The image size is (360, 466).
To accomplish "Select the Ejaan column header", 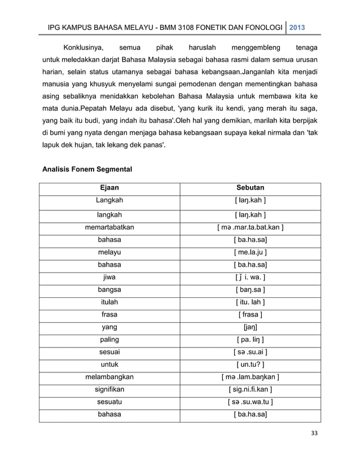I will pos(109,187).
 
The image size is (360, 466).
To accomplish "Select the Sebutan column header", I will pos(250,187).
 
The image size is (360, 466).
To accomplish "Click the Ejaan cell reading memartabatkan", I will pos(109,227).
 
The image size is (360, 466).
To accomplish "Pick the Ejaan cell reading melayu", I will pos(109,252).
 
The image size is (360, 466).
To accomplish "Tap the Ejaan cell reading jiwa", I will pos(109,277).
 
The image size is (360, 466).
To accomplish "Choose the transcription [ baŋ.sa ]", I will pos(250,290).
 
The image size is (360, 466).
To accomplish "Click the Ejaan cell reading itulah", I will pos(109,302).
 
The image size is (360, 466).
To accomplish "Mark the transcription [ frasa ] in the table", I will pos(250,314).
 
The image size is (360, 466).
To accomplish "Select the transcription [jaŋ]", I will pos(250,327).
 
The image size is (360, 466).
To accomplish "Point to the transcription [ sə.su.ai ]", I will pos(250,352).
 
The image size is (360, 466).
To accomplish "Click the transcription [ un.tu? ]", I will pos(250,364).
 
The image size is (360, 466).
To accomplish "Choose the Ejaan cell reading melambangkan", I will pos(109,377).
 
